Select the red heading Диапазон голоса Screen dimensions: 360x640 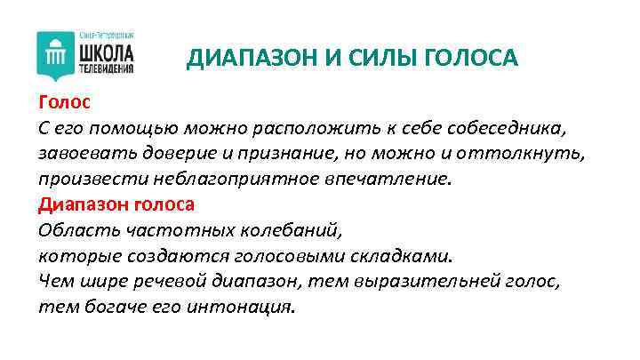[x=116, y=204]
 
